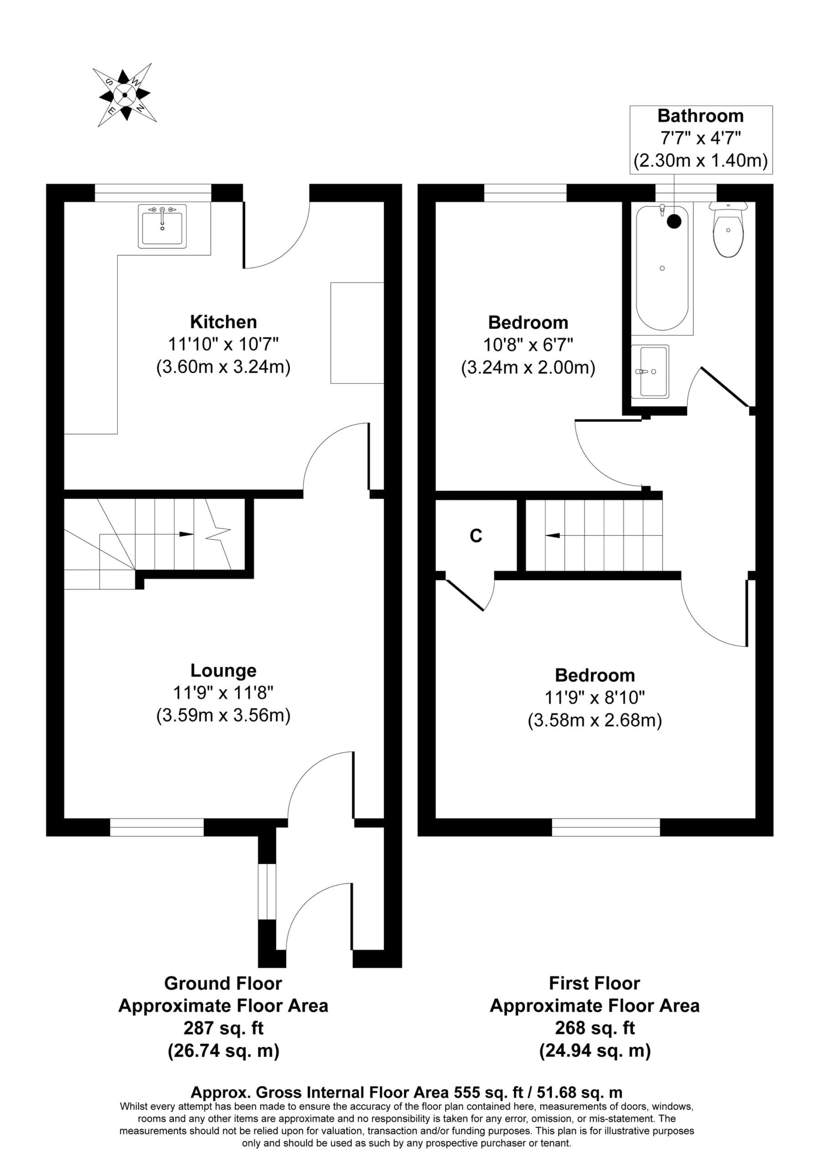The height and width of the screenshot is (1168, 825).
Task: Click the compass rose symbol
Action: click(x=125, y=94)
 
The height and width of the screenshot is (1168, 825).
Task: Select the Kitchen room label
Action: click(x=223, y=322)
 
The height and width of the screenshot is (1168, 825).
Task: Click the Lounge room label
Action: click(x=223, y=671)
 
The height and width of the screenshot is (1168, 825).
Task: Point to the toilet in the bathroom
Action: click(x=728, y=229)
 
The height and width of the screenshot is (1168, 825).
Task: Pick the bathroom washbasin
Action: click(x=650, y=371)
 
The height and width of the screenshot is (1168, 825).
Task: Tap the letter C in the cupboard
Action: click(x=476, y=536)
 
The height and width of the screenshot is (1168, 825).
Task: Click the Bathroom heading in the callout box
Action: click(x=700, y=116)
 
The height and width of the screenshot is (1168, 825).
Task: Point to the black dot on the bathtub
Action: click(x=674, y=221)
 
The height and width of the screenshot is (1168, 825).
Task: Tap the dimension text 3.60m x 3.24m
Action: click(x=223, y=367)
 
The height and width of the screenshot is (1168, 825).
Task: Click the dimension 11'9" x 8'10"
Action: click(x=595, y=698)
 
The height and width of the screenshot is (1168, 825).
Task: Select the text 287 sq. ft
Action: click(x=223, y=1028)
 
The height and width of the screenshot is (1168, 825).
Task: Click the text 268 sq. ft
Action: click(x=595, y=1028)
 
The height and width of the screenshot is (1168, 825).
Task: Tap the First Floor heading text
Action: click(x=594, y=983)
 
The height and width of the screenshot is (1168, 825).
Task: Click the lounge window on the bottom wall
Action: click(x=157, y=827)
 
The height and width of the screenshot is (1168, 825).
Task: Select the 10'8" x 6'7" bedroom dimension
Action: click(x=528, y=345)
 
